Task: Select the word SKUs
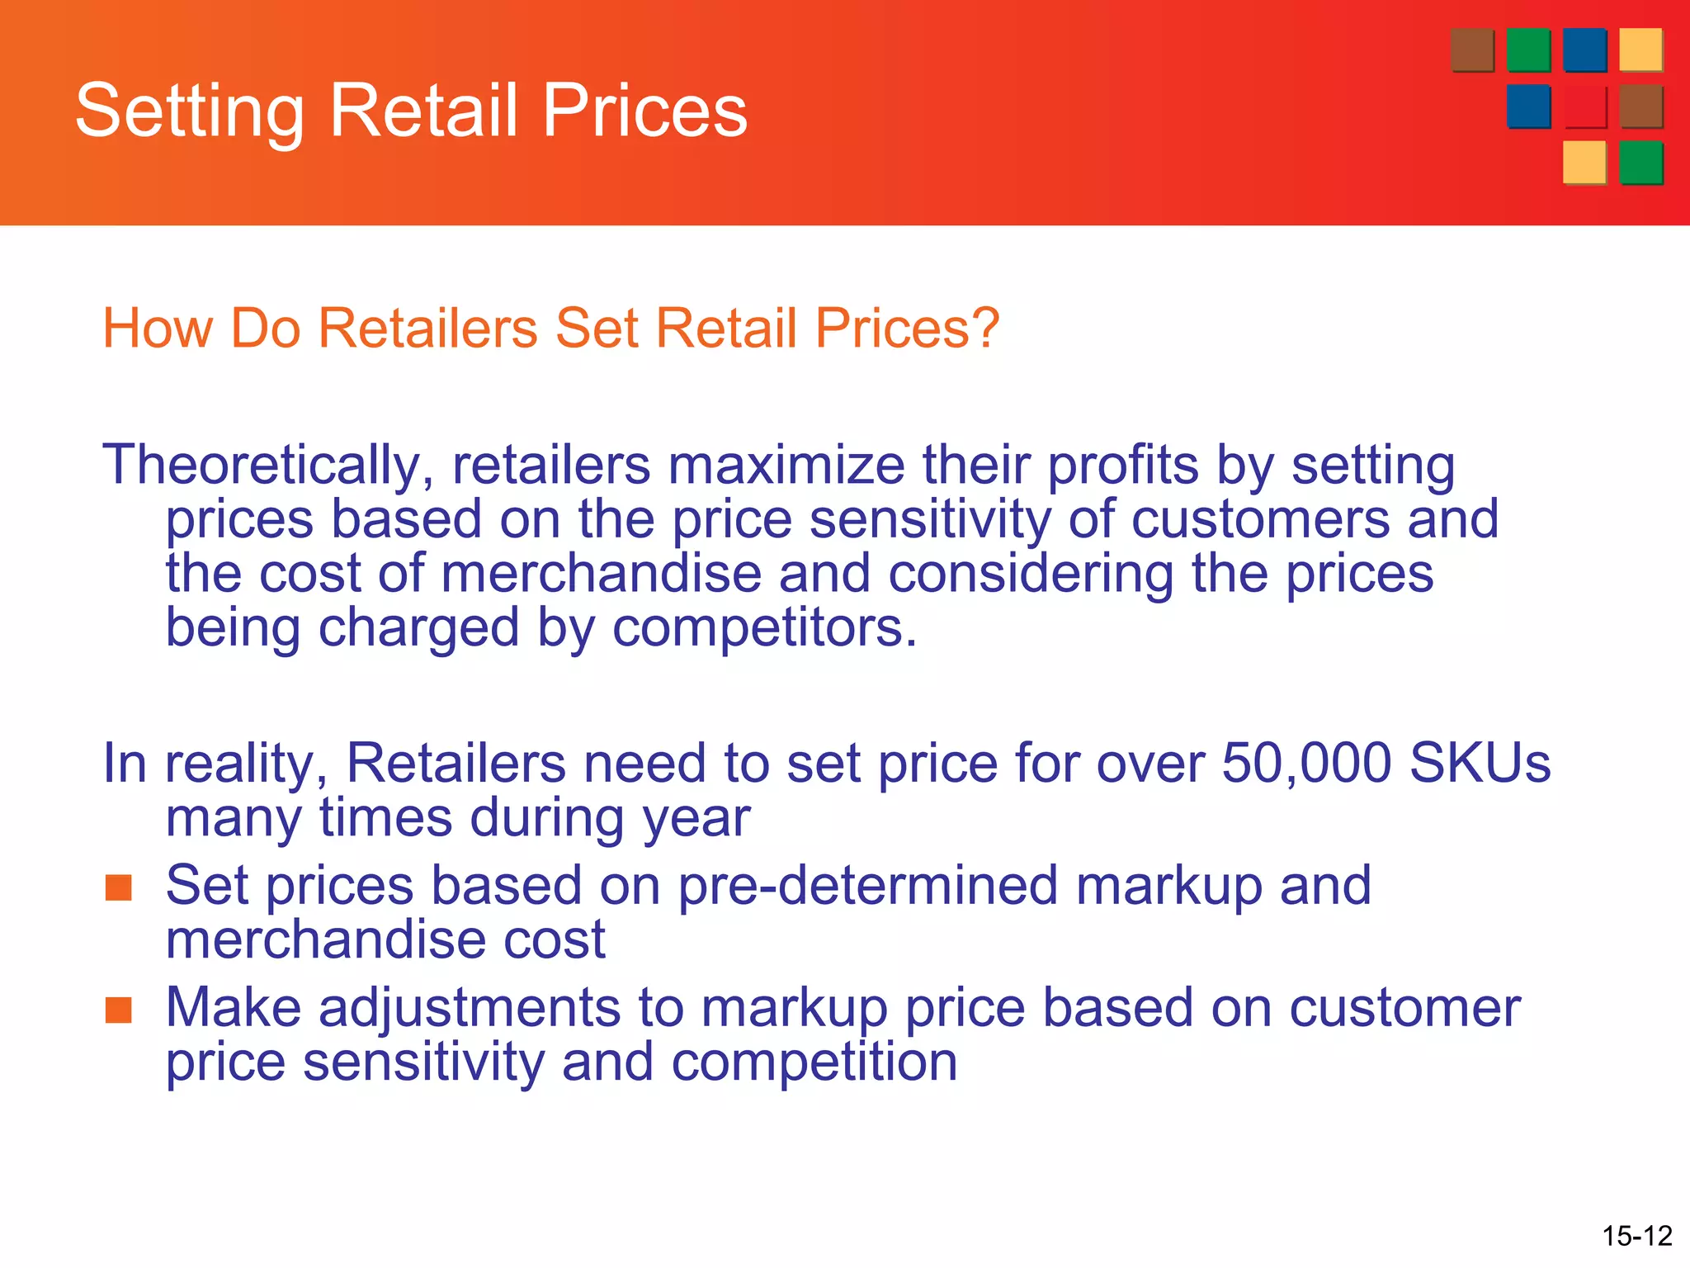coord(1480,763)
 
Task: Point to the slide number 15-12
coord(1637,1236)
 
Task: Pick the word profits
coord(1122,466)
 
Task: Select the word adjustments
coord(469,1009)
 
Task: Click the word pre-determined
coord(867,886)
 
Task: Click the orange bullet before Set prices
coord(119,888)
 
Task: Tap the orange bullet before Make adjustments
coord(119,1010)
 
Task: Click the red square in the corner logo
coord(1584,106)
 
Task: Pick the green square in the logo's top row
coord(1528,50)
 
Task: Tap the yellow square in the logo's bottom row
coord(1584,162)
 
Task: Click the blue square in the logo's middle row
coord(1528,106)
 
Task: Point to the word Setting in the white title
coord(190,111)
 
